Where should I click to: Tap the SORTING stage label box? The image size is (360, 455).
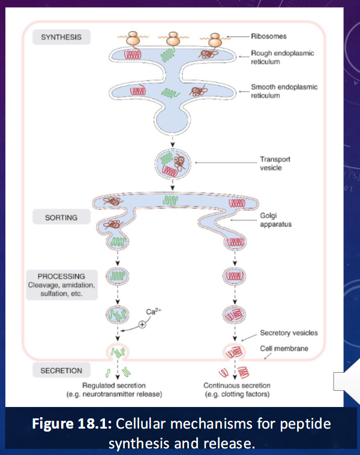(x=61, y=217)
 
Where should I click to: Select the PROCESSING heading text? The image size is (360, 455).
(x=61, y=276)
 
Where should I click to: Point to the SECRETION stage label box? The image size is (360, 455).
(x=61, y=370)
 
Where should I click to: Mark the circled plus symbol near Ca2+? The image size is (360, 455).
(x=142, y=324)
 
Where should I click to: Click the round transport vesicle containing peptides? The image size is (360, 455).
(x=173, y=163)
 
